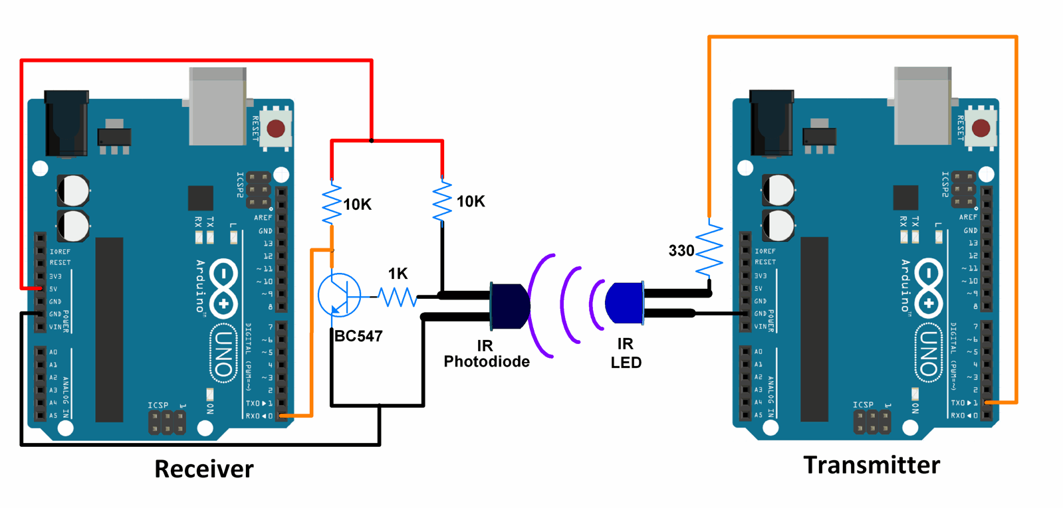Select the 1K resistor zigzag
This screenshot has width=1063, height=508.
398,297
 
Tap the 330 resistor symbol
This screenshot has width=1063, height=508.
709,249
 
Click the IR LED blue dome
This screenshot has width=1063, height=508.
623,303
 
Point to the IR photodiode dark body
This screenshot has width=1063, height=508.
511,305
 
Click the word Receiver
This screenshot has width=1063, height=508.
203,469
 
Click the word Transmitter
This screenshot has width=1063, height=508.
871,465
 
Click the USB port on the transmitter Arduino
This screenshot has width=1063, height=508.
922,106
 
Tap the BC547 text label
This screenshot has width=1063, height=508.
358,336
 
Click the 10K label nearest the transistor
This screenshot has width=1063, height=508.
357,205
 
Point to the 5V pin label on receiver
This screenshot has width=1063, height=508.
54,289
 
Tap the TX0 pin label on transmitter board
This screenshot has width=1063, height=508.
963,403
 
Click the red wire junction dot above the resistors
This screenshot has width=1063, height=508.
371,141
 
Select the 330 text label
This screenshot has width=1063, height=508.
681,251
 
